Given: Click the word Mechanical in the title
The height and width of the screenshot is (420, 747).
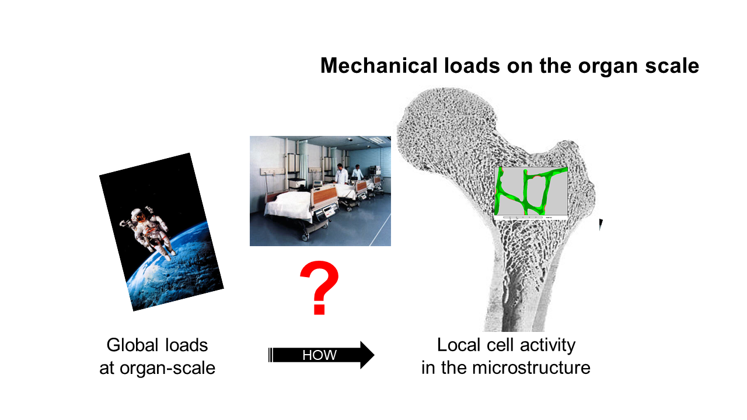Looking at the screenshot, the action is pyautogui.click(x=379, y=65).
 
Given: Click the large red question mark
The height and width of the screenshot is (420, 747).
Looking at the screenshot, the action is pyautogui.click(x=319, y=288).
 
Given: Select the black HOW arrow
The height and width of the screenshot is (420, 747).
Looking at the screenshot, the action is pyautogui.click(x=321, y=355).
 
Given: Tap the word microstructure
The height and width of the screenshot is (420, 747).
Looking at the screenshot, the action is pyautogui.click(x=531, y=367).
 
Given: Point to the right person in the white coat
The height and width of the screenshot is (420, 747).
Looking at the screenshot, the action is pyautogui.click(x=358, y=173).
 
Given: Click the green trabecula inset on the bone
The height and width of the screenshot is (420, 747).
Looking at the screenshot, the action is pyautogui.click(x=531, y=191).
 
